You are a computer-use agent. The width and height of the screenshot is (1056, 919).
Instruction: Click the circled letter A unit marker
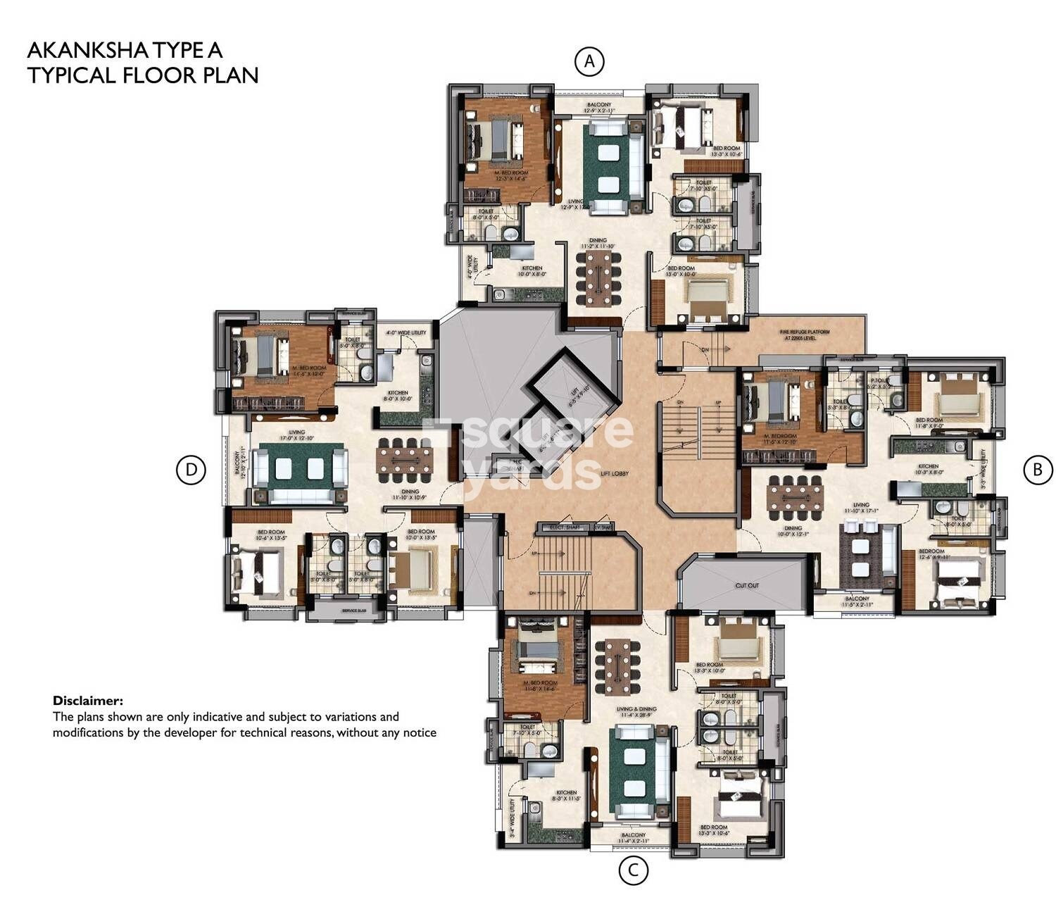tap(589, 61)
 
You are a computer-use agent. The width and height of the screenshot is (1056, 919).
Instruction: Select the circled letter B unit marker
tap(1036, 469)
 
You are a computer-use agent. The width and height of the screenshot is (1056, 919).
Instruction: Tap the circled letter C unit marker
tap(633, 870)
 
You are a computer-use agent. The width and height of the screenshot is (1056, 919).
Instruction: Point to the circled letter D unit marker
tap(191, 470)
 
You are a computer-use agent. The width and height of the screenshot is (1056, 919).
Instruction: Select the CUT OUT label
tap(747, 585)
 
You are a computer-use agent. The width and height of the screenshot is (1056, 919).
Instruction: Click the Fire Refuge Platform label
tap(804, 335)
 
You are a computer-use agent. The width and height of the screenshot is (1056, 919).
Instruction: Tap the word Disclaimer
tap(88, 701)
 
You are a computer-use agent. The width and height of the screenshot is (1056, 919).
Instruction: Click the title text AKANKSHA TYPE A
tap(125, 50)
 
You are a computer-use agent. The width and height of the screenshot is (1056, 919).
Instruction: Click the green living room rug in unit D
tap(301, 468)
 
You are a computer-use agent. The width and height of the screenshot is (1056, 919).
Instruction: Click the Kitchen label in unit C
tap(566, 792)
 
